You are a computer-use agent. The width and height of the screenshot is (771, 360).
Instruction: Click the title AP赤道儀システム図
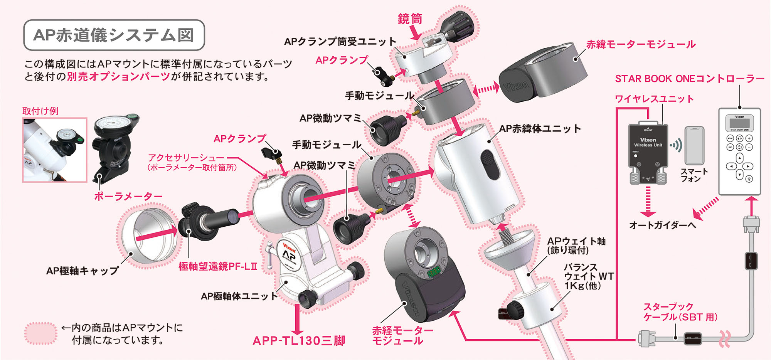[114, 35]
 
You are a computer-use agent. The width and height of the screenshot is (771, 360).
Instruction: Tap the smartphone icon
[694, 146]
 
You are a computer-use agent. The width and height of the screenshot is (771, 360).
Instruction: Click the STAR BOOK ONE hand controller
[739, 151]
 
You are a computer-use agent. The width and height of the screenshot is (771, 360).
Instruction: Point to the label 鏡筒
[410, 19]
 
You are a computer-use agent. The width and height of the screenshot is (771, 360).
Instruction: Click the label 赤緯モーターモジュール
[641, 45]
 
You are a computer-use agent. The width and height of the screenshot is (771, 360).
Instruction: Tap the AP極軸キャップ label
[82, 271]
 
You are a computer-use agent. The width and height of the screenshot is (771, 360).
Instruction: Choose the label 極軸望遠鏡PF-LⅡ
[218, 266]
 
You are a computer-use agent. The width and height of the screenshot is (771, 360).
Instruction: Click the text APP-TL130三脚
[299, 341]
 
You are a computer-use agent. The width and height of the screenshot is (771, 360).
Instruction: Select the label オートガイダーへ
[662, 225]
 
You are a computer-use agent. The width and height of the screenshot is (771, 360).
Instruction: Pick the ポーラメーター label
[128, 197]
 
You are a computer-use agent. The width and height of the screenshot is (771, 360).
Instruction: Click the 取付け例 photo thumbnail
[55, 150]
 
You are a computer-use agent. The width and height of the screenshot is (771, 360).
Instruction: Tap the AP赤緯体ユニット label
[540, 129]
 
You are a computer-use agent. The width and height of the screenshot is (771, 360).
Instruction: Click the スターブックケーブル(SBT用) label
[680, 312]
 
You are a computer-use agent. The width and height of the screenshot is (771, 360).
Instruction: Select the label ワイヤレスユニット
[654, 99]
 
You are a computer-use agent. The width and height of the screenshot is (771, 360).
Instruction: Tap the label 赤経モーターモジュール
[402, 335]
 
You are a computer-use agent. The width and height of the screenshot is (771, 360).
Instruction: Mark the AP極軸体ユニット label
[239, 296]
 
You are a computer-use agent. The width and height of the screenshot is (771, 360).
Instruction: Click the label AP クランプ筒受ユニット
[340, 42]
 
